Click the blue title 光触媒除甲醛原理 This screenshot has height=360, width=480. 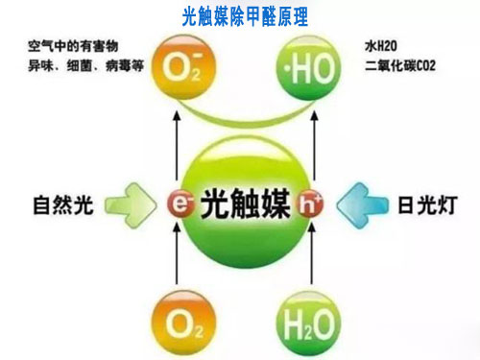click(240, 14)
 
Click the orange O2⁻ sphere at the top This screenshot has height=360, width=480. click(177, 69)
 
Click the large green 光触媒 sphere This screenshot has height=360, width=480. click(240, 203)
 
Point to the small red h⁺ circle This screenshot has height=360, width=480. click(305, 204)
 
